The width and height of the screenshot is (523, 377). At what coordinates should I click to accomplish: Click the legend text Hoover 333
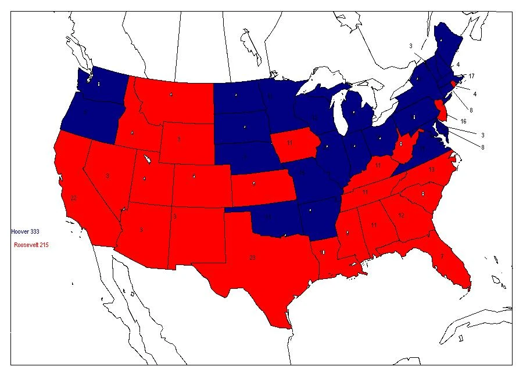(x=25, y=231)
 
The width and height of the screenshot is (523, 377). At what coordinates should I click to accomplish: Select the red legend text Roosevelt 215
(x=31, y=245)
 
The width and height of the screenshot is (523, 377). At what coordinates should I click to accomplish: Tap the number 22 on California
(x=73, y=198)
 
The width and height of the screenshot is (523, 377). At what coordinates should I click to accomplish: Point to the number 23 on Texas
(x=252, y=257)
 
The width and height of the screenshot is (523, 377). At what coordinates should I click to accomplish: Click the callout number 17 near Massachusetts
(x=471, y=76)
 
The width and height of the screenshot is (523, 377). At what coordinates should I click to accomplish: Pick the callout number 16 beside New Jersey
(x=463, y=121)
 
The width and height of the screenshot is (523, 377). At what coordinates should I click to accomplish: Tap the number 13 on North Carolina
(x=431, y=170)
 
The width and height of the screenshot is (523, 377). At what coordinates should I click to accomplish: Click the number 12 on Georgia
(x=401, y=215)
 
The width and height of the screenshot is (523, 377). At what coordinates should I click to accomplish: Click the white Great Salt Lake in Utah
(x=146, y=157)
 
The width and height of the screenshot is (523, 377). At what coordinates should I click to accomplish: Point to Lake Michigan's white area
(x=336, y=110)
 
